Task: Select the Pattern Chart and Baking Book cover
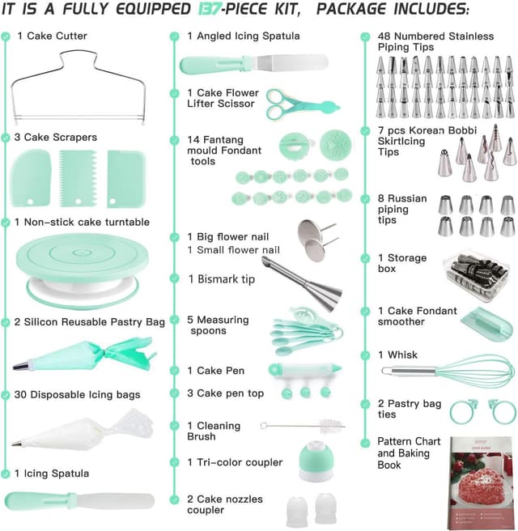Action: tap(481, 481)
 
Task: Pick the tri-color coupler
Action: tap(311, 463)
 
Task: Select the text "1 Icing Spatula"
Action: tap(52, 473)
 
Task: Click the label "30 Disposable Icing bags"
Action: tap(77, 395)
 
